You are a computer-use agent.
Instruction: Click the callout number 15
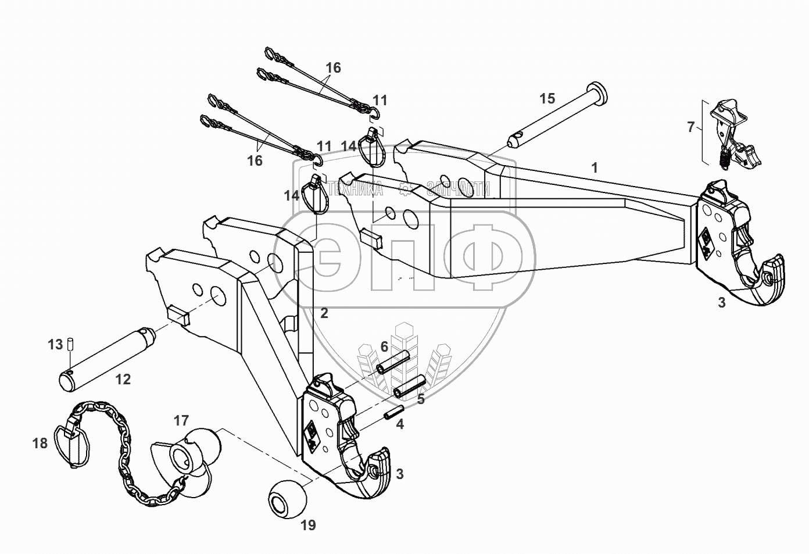pyautogui.click(x=547, y=98)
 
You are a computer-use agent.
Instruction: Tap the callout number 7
pyautogui.click(x=690, y=126)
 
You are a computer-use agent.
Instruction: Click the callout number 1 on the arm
pyautogui.click(x=594, y=168)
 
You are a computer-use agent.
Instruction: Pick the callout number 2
pyautogui.click(x=324, y=313)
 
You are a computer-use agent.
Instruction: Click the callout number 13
pyautogui.click(x=55, y=345)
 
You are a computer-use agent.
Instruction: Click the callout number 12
pyautogui.click(x=123, y=380)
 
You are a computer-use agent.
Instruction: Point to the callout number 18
pyautogui.click(x=40, y=443)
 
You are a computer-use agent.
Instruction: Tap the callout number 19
pyautogui.click(x=308, y=526)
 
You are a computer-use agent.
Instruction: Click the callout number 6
pyautogui.click(x=384, y=346)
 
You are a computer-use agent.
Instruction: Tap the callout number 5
pyautogui.click(x=421, y=399)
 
